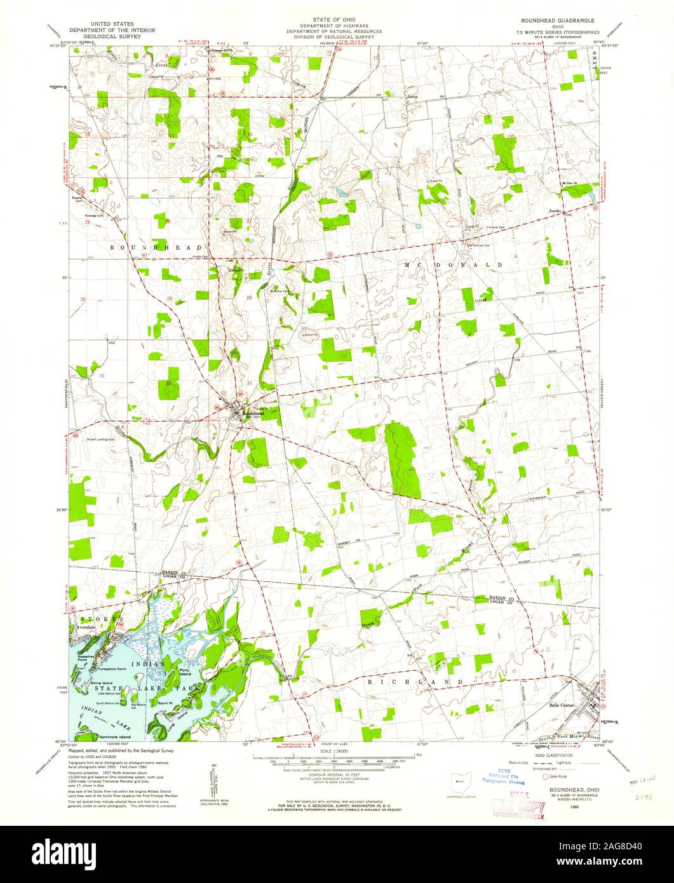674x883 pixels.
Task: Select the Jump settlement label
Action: point(412,97)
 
